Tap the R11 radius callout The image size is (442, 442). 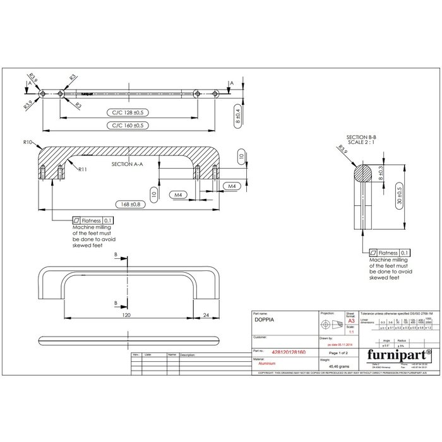coord(83,170)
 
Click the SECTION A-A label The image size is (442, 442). coord(127,164)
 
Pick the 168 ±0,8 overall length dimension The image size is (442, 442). coord(129,204)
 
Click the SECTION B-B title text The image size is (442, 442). coord(361,137)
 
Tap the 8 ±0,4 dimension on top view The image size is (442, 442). coord(237,116)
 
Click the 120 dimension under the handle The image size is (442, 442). coord(126,314)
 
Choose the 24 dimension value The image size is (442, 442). coord(206,314)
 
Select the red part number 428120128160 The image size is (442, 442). coord(288,352)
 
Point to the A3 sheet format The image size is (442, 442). coord(350,321)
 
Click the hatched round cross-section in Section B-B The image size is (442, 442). coord(362,172)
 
